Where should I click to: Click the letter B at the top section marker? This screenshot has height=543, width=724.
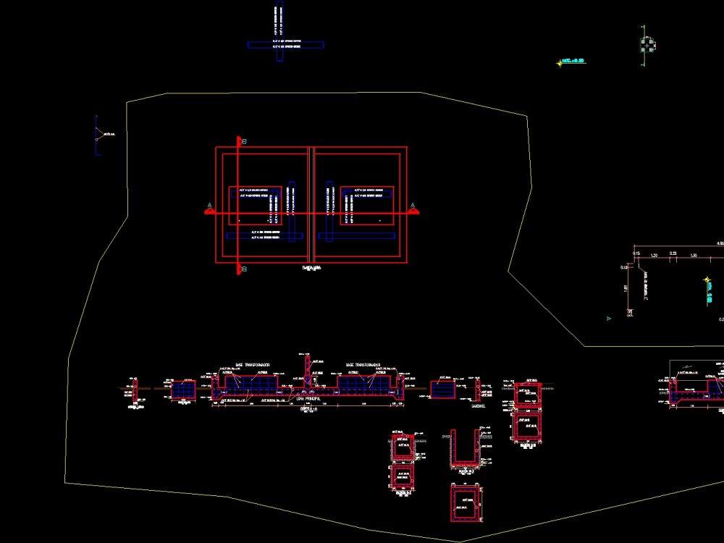click(245, 141)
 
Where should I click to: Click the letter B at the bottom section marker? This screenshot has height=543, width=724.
click(245, 269)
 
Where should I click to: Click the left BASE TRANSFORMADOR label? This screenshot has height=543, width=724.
click(251, 365)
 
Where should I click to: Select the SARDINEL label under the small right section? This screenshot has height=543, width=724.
click(479, 406)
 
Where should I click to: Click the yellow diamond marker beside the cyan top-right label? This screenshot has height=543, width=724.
click(560, 63)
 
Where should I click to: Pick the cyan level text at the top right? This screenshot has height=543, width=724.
click(573, 62)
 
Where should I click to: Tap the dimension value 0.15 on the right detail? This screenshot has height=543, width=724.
click(636, 253)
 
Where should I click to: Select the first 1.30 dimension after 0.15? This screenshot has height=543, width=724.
click(654, 256)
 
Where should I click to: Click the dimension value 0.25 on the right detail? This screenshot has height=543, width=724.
click(673, 253)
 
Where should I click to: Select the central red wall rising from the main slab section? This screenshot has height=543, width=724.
click(307, 369)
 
